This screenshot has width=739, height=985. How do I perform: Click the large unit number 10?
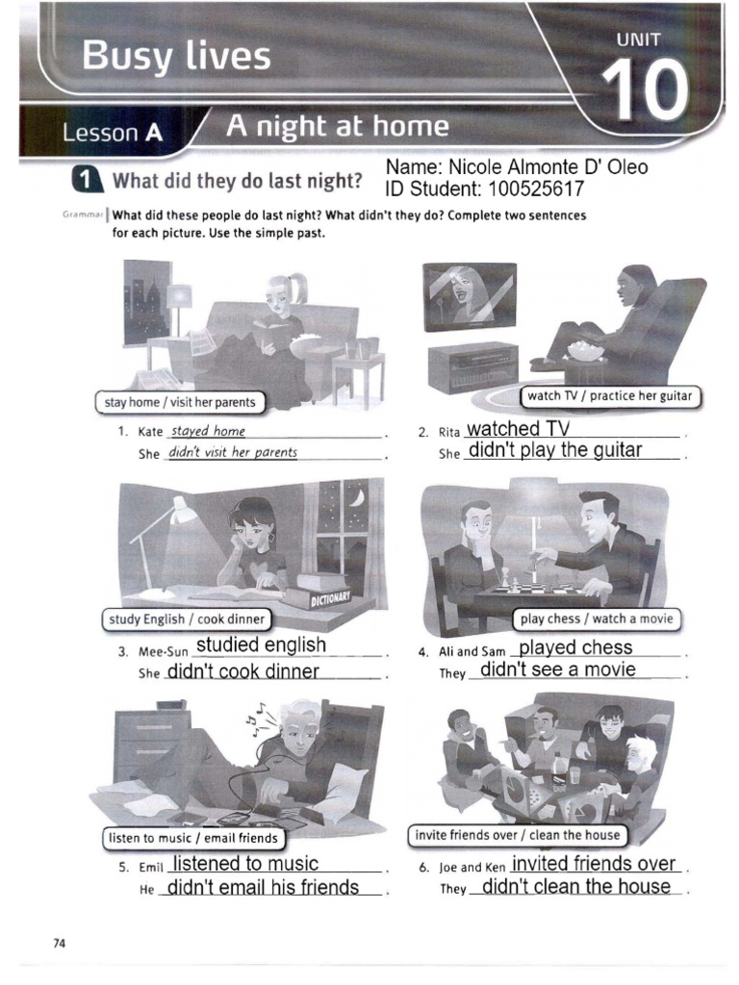click(x=647, y=91)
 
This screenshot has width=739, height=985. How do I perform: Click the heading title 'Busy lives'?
click(x=176, y=57)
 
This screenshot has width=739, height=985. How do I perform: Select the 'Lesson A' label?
click(x=111, y=134)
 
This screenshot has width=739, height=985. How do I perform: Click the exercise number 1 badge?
click(x=88, y=180)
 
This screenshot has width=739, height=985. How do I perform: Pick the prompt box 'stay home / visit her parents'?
click(x=180, y=403)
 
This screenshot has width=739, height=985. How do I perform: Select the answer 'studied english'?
click(x=261, y=644)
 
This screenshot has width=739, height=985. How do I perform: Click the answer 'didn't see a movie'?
click(x=557, y=669)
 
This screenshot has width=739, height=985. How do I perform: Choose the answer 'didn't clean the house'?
click(x=575, y=886)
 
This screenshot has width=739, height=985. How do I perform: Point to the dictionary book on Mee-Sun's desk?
click(x=324, y=591)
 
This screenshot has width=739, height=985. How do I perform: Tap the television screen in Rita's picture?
click(x=469, y=295)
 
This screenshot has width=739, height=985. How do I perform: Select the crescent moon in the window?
click(x=358, y=497)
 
